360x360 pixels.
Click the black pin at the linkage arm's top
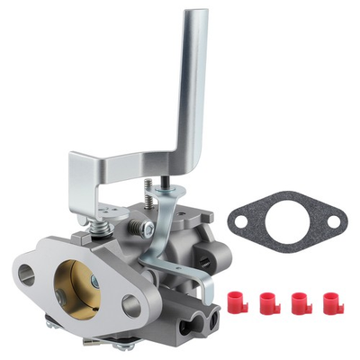coord(169,191)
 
